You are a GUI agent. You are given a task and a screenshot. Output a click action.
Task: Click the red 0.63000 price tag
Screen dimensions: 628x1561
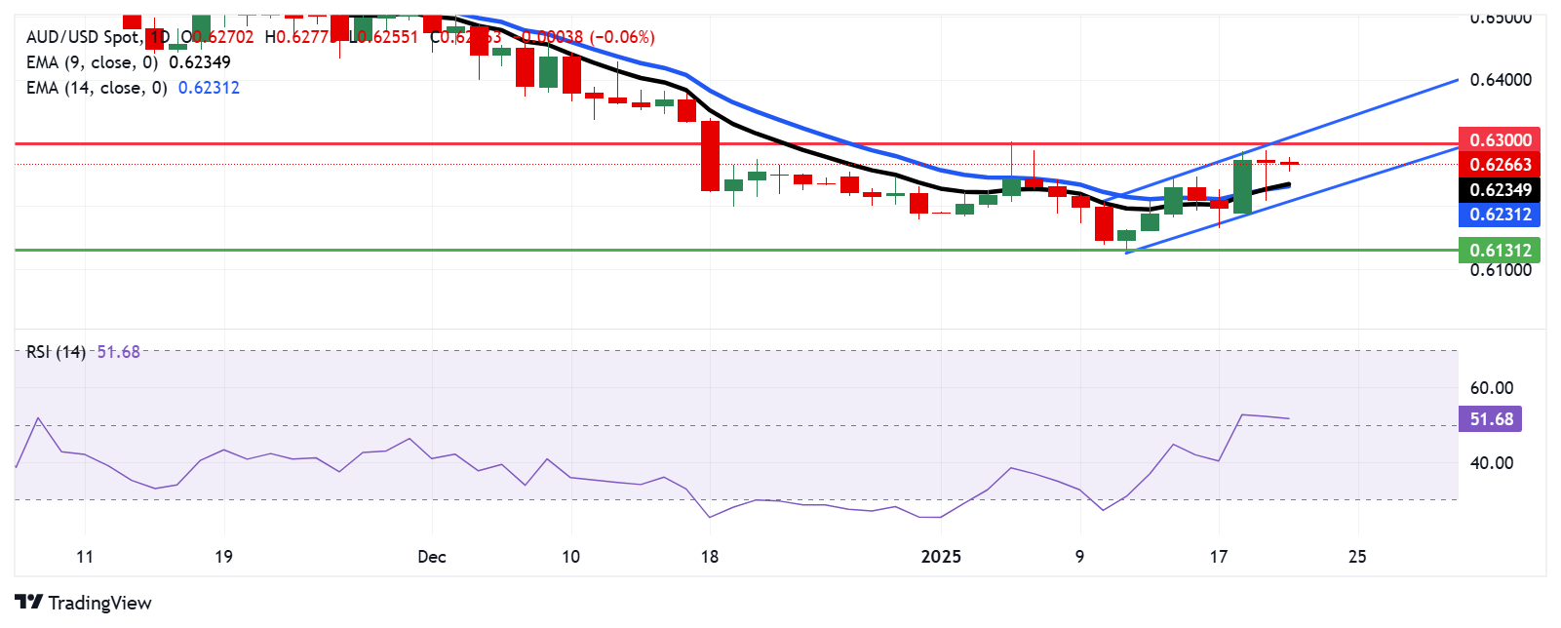(x=1499, y=139)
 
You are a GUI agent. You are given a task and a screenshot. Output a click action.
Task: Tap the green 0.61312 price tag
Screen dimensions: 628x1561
(x=1499, y=250)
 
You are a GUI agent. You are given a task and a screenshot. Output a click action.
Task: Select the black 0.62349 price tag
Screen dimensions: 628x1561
(x=1499, y=189)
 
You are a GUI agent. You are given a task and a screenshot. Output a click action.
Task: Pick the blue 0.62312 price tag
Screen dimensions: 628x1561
(x=1499, y=215)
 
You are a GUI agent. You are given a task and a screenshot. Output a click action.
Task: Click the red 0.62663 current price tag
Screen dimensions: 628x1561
(x=1499, y=165)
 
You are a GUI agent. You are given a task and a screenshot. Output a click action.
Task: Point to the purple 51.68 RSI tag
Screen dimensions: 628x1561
(x=1490, y=419)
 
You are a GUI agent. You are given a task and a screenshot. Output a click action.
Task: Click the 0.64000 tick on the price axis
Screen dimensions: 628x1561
(x=1501, y=80)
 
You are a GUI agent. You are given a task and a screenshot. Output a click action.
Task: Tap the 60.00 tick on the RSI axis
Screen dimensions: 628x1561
(x=1491, y=388)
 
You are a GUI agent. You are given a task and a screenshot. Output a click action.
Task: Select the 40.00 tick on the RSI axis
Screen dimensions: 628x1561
(x=1491, y=463)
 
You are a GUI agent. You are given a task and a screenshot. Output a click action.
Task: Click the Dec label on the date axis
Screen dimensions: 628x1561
(x=431, y=557)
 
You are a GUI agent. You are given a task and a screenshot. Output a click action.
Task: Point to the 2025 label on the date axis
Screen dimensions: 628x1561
(x=941, y=557)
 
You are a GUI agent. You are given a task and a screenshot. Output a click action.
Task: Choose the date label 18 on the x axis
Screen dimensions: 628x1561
(x=710, y=557)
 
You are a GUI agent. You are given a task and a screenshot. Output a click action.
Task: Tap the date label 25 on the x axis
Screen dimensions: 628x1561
(x=1356, y=557)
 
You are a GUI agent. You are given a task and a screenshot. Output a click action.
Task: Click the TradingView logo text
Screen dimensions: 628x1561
(x=84, y=603)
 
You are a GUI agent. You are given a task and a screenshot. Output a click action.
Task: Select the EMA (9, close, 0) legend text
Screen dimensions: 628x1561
(x=92, y=62)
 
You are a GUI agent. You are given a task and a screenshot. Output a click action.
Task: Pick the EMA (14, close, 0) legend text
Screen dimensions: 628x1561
(x=97, y=88)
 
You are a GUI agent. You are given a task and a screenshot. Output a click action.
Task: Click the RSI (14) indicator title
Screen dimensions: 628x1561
(x=56, y=352)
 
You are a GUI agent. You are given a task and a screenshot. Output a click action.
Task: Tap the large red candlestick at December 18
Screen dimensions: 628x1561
(x=710, y=155)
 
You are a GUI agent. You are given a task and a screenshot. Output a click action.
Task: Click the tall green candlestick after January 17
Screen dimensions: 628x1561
(x=1242, y=186)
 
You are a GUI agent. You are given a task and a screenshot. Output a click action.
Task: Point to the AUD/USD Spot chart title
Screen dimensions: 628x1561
(x=83, y=37)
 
